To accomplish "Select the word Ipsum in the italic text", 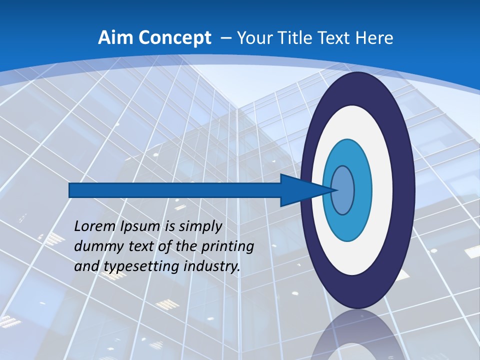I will tap(141, 227).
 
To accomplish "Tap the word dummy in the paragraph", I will tap(97, 246).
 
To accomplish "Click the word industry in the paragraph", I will tap(211, 266).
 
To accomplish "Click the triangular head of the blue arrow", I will tap(300, 190).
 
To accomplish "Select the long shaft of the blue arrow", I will tap(175, 190).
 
